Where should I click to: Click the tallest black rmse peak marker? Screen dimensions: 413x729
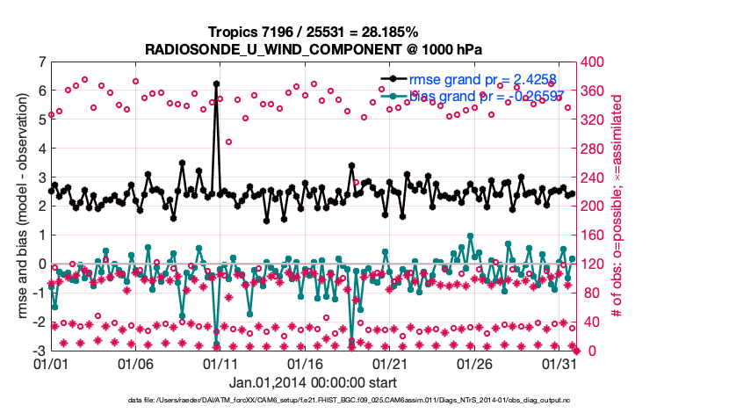pyautogui.click(x=216, y=84)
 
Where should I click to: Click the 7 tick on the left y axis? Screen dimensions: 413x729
pyautogui.click(x=41, y=62)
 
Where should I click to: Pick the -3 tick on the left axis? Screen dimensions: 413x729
pyautogui.click(x=39, y=351)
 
